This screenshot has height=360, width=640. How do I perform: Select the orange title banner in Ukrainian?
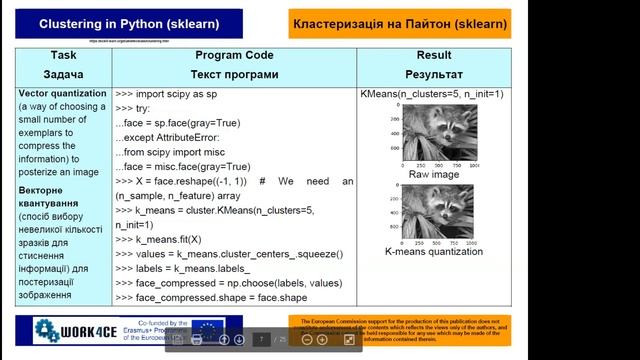pyautogui.click(x=413, y=22)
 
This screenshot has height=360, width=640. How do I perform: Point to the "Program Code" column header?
pyautogui.click(x=233, y=56)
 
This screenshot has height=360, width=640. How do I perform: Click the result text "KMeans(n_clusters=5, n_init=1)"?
pyautogui.click(x=433, y=93)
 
